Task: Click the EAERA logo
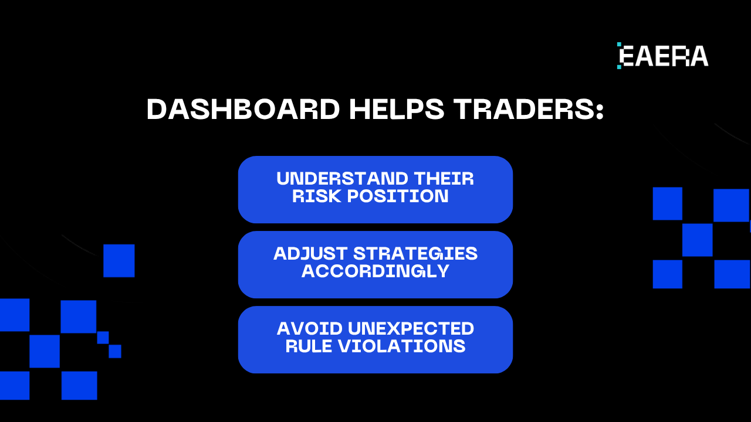[663, 56]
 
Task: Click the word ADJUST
[310, 254]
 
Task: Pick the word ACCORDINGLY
[375, 271]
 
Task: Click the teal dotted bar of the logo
[619, 56]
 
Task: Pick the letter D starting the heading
[157, 110]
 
